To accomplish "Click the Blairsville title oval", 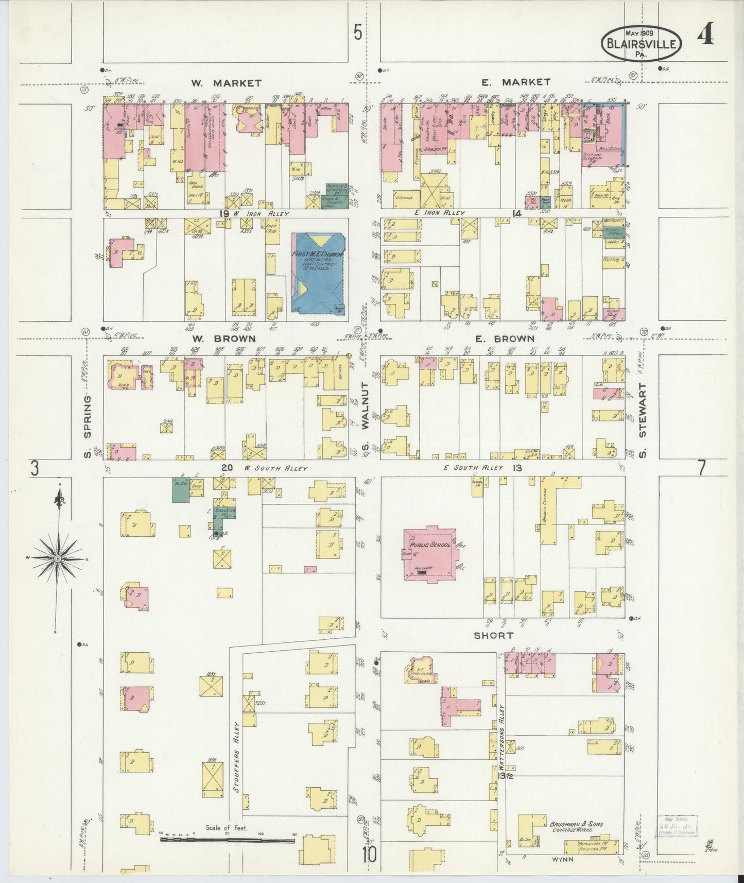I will pos(642,43).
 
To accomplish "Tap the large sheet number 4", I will pos(705,36).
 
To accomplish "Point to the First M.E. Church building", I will pos(319,273).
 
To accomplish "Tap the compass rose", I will pos(58,558).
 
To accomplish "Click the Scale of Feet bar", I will pos(228,839).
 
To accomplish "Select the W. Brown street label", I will pos(224,338).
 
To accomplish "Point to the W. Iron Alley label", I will pos(260,213).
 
